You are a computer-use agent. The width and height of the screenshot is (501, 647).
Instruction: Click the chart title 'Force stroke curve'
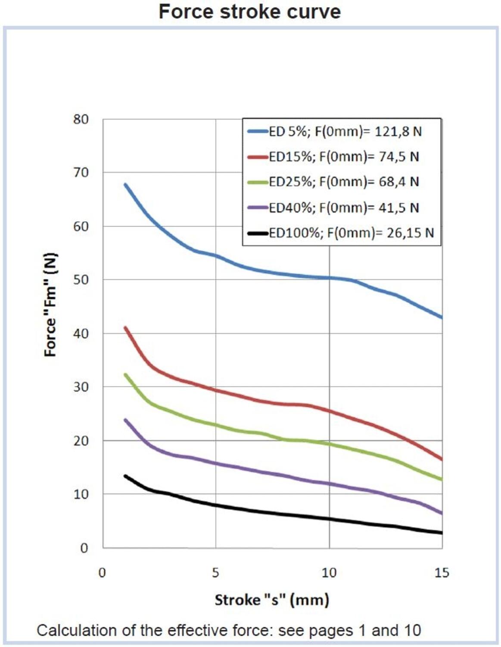click(249, 12)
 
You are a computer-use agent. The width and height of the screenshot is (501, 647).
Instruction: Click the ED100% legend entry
click(341, 233)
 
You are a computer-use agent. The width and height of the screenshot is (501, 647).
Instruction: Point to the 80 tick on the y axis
click(81, 119)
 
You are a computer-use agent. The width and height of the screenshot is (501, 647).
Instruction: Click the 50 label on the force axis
click(81, 280)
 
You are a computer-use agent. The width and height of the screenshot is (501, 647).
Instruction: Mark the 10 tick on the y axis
click(81, 494)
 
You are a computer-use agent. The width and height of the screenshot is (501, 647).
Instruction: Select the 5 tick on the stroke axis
click(215, 573)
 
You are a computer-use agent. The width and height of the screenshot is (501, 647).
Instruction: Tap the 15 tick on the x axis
click(442, 573)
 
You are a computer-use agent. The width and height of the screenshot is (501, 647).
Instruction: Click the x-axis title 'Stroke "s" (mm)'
click(272, 600)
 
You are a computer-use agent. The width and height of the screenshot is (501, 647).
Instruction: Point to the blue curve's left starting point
click(125, 185)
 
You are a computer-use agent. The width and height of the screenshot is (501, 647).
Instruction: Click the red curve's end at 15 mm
click(442, 459)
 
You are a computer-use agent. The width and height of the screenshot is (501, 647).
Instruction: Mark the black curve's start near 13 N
click(125, 476)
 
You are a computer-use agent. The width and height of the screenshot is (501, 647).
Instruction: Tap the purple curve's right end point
click(442, 513)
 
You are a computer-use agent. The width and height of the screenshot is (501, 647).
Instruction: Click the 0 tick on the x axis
click(102, 573)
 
